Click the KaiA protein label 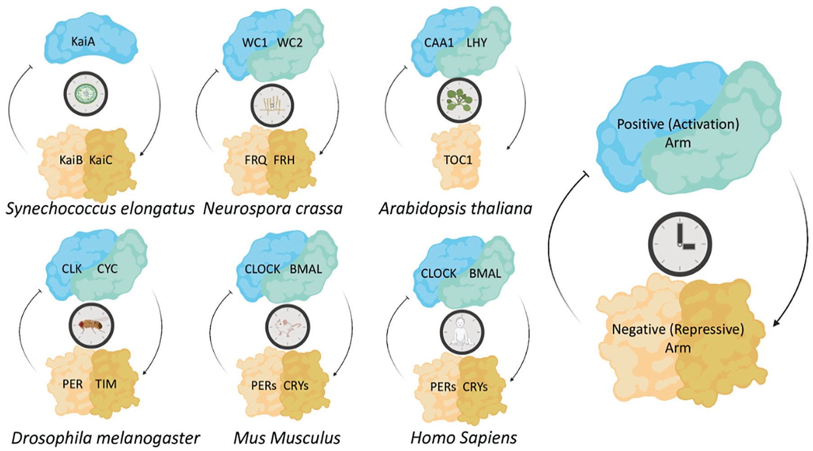[x=83, y=42]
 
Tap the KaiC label [x=101, y=160]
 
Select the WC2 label [x=289, y=43]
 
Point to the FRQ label [x=256, y=160]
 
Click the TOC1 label [x=458, y=160]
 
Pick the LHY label [x=477, y=43]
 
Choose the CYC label [x=107, y=269]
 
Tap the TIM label [x=106, y=384]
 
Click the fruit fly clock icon [x=92, y=325]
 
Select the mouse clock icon [x=288, y=327]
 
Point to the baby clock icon [x=462, y=332]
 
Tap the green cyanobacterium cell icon [x=86, y=94]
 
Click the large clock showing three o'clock [x=680, y=244]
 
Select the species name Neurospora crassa [x=273, y=209]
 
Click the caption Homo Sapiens [x=464, y=438]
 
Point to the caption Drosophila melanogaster [x=106, y=438]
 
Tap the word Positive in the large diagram [x=640, y=124]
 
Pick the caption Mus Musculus [x=287, y=438]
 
